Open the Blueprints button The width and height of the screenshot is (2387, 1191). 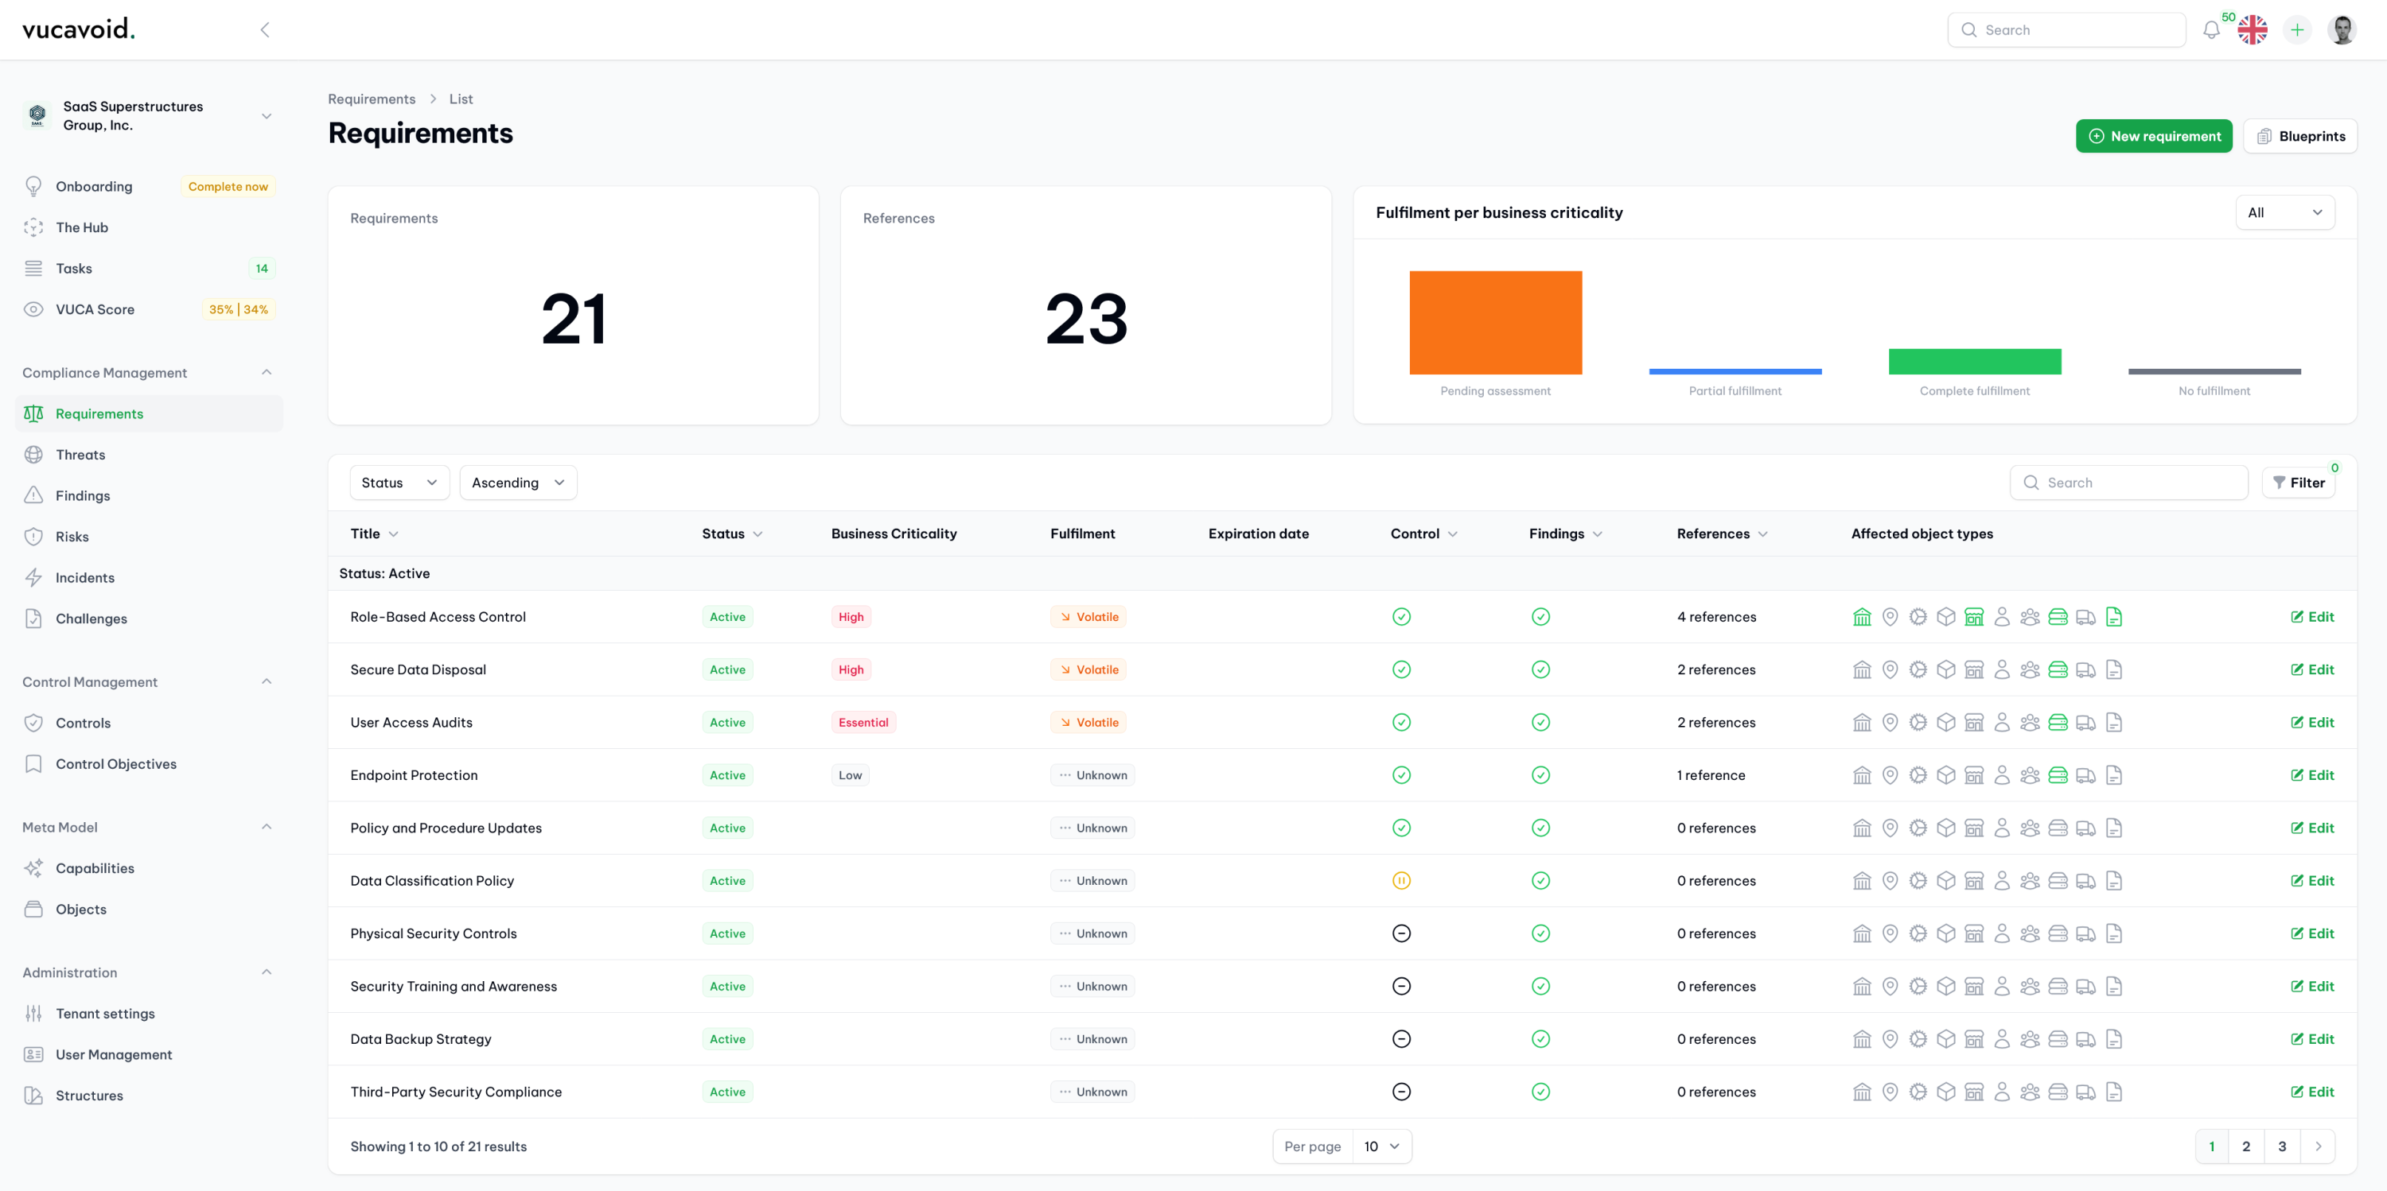[2300, 136]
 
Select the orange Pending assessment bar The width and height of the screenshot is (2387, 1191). [1494, 322]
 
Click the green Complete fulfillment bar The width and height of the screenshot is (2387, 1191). [1974, 361]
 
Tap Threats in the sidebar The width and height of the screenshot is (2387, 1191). [80, 455]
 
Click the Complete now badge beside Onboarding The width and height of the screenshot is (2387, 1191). [228, 186]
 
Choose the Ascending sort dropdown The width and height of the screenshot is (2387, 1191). [517, 483]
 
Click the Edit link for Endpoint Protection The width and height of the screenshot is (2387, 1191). [2312, 775]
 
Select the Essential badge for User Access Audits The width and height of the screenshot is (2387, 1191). [863, 723]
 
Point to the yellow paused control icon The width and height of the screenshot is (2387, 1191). [1401, 881]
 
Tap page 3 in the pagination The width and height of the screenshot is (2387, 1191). [2281, 1146]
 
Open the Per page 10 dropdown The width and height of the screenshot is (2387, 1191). [1380, 1146]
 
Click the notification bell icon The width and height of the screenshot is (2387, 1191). [2211, 29]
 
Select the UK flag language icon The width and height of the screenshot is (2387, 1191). [2252, 29]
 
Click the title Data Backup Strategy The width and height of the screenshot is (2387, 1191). [421, 1039]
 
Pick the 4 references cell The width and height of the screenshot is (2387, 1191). [1716, 617]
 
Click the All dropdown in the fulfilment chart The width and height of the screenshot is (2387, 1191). [2284, 212]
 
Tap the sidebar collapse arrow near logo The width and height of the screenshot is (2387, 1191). [264, 29]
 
